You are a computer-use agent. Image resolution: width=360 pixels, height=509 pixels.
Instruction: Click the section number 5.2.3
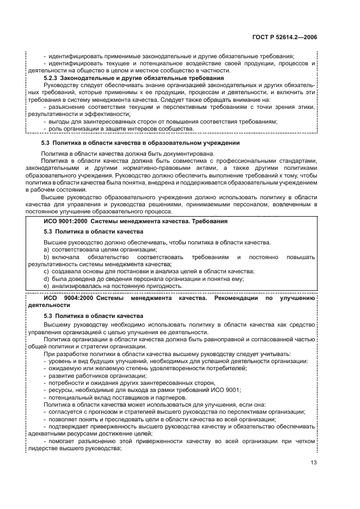click(x=53, y=78)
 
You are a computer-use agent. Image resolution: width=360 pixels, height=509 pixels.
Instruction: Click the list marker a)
click(x=46, y=249)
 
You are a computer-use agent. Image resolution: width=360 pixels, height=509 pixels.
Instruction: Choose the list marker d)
click(x=46, y=279)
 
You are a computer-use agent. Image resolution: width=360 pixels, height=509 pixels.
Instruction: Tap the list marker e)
click(x=46, y=286)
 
